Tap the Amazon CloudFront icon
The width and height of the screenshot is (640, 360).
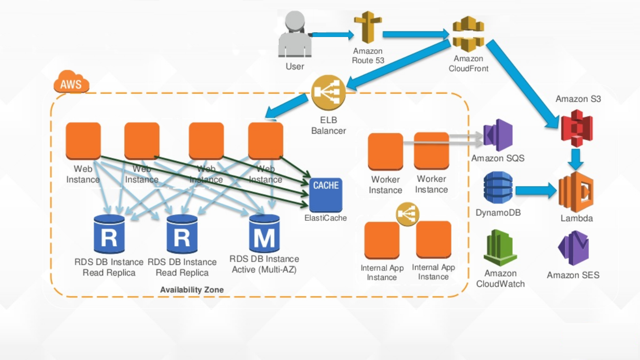tap(468, 34)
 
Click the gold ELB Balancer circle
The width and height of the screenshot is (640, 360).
tap(328, 92)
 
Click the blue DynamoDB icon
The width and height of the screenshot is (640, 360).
tap(498, 190)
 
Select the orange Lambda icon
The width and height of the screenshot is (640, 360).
tap(576, 192)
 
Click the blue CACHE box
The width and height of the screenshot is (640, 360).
tap(326, 194)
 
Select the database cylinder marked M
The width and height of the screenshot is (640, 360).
tap(264, 233)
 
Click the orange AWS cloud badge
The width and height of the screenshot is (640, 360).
tap(71, 83)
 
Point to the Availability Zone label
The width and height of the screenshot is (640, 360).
tap(192, 290)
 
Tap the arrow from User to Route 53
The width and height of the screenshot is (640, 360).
tap(333, 35)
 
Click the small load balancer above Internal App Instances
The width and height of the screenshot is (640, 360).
tap(407, 214)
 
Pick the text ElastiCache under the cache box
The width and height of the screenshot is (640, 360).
tap(326, 218)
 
